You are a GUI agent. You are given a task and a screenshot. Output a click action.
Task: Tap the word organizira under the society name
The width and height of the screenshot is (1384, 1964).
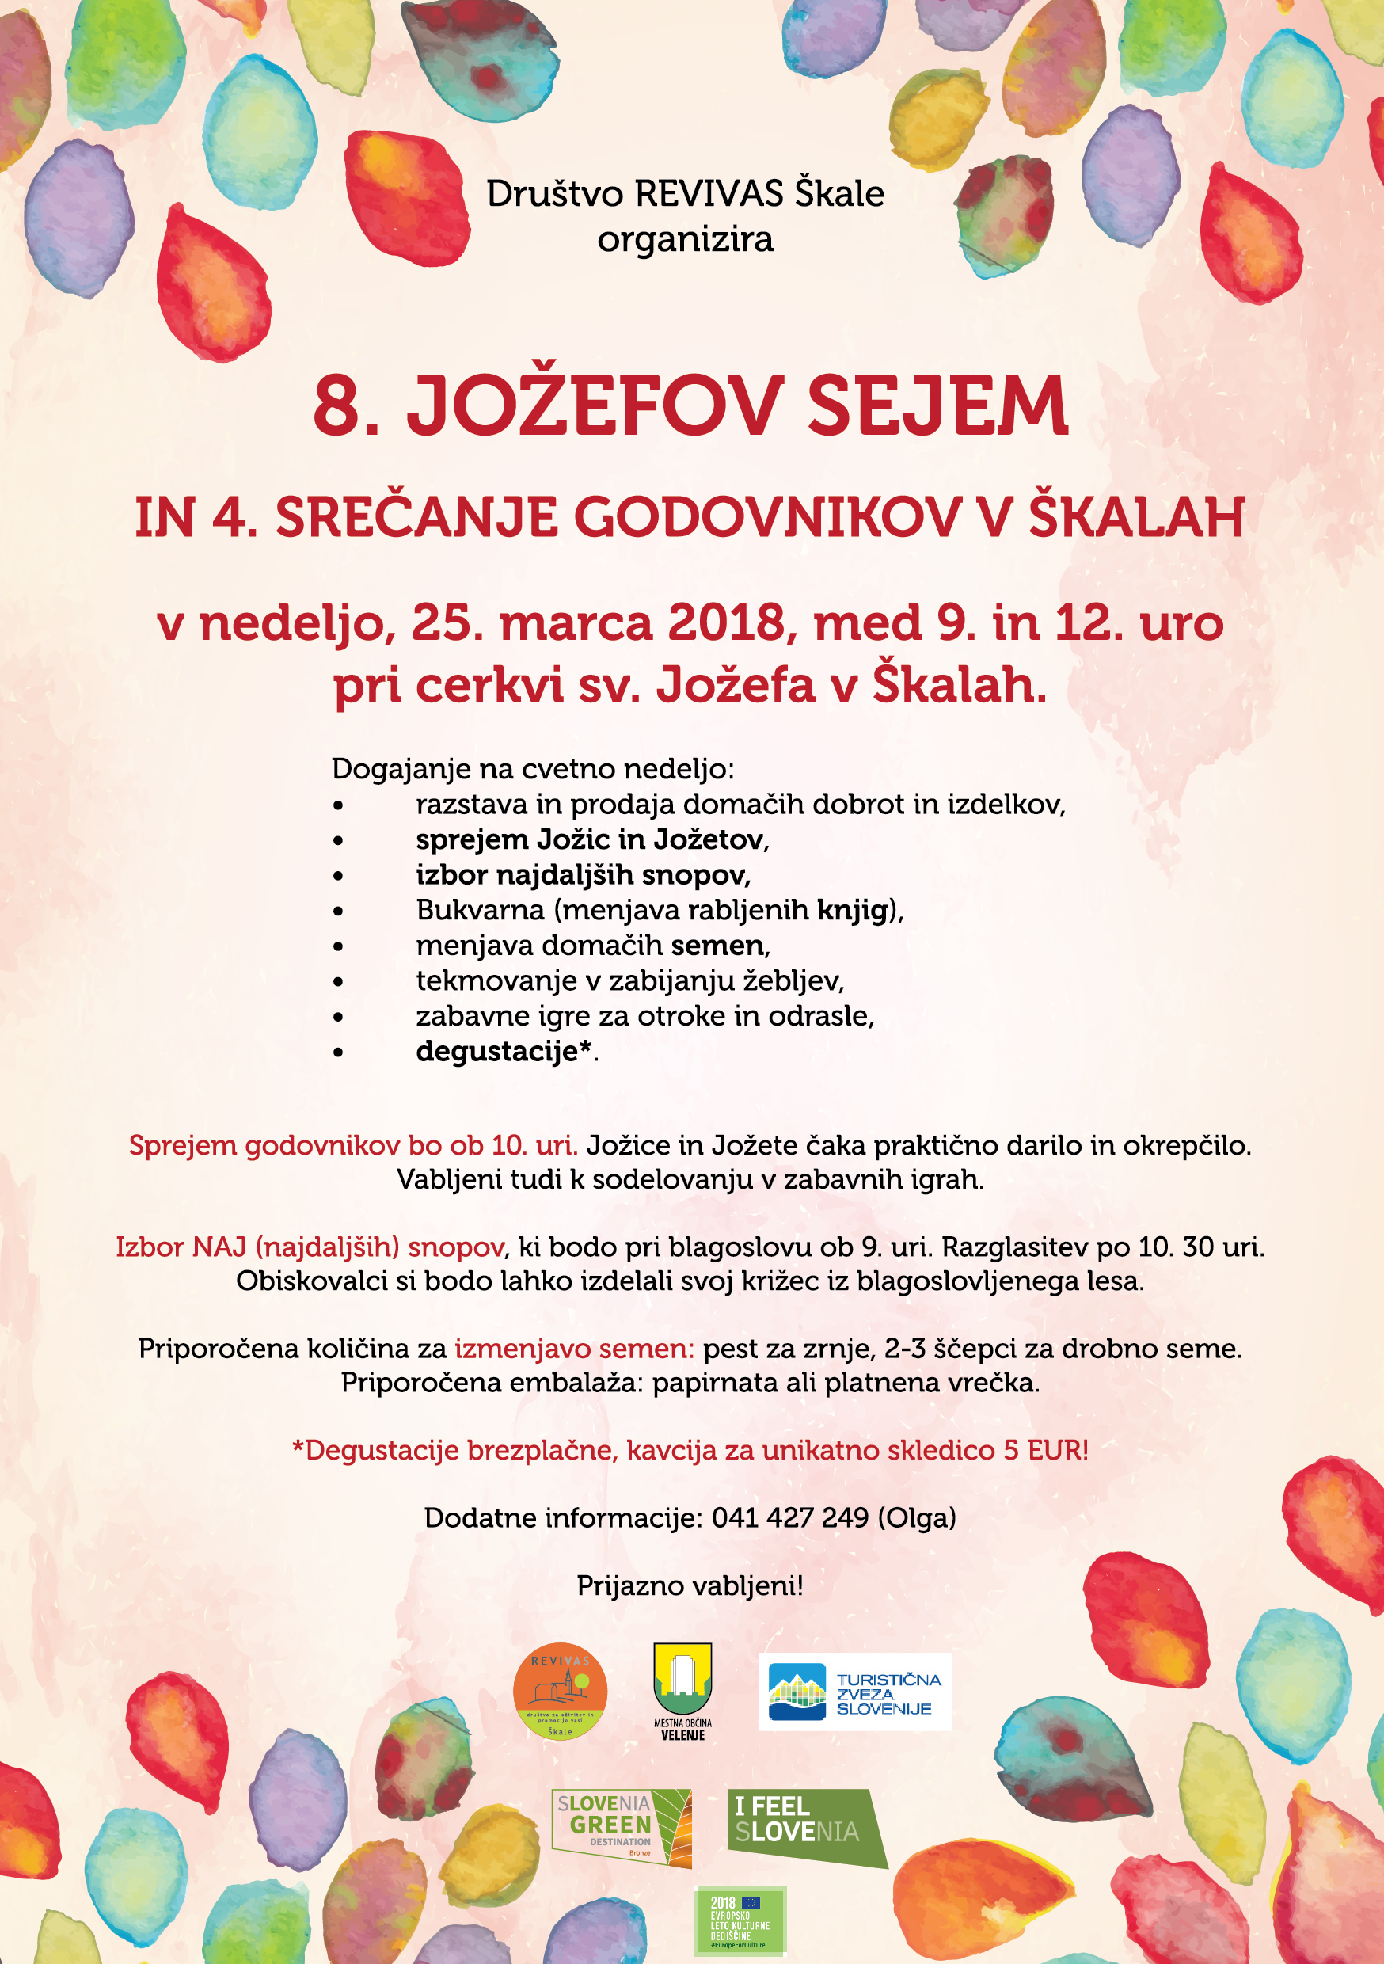click(x=685, y=239)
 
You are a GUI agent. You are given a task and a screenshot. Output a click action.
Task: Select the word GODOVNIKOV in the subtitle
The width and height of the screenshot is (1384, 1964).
click(x=767, y=519)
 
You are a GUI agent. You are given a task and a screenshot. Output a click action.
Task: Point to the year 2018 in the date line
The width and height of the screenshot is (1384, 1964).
click(x=726, y=622)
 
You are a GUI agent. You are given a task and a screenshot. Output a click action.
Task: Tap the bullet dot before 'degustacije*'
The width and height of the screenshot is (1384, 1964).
click(x=339, y=1052)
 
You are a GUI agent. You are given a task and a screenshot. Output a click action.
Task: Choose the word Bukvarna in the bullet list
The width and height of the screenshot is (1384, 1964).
click(x=480, y=910)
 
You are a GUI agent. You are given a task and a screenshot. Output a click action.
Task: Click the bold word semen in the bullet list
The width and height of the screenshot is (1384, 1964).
click(x=717, y=946)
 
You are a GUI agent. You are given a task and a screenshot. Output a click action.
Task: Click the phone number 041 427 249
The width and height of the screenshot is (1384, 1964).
click(x=789, y=1518)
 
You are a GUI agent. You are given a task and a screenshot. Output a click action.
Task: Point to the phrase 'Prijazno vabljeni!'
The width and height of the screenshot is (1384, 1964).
click(x=690, y=1586)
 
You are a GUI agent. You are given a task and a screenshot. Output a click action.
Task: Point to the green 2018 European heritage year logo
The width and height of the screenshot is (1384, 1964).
click(x=740, y=1920)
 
